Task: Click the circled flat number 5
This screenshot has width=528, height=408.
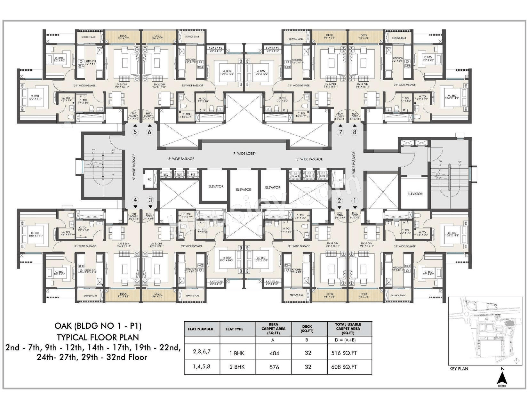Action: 135,132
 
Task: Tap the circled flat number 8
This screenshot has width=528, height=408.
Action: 354,132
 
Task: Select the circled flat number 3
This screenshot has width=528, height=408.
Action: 150,200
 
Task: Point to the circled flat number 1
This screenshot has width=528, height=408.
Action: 354,201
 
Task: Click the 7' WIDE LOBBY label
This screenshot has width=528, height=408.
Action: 244,154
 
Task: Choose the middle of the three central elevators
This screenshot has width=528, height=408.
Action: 244,189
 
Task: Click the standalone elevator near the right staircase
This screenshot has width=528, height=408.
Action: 415,194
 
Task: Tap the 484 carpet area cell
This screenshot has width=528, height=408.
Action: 274,353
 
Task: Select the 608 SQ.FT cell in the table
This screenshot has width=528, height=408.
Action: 344,367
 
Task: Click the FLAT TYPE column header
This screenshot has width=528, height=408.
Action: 234,329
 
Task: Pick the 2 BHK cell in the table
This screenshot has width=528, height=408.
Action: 237,367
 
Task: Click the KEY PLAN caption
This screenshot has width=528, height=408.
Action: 459,369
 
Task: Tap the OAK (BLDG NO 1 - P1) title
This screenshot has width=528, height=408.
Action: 98,326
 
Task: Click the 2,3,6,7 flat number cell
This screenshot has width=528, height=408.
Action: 202,352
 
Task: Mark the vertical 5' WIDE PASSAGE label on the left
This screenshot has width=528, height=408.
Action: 134,167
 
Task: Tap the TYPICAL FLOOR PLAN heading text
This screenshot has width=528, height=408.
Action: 98,337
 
